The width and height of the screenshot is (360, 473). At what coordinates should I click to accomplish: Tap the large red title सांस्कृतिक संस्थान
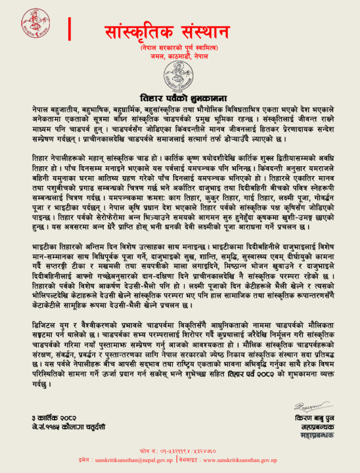pos(181,31)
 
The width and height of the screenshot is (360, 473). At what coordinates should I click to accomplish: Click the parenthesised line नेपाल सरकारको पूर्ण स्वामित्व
pos(181,49)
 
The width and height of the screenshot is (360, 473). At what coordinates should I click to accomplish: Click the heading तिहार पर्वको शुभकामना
pos(180,94)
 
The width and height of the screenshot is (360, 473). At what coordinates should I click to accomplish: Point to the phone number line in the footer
pos(179,453)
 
